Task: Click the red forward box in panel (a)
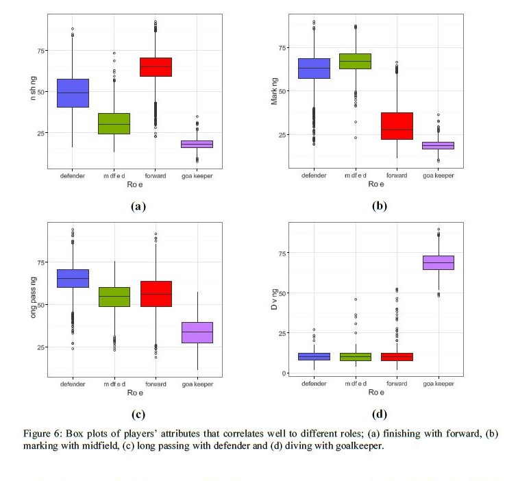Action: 156,67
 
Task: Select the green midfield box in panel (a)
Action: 114,123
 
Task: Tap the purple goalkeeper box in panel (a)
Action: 197,144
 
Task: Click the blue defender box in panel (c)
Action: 72,278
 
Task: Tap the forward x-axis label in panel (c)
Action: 156,382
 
